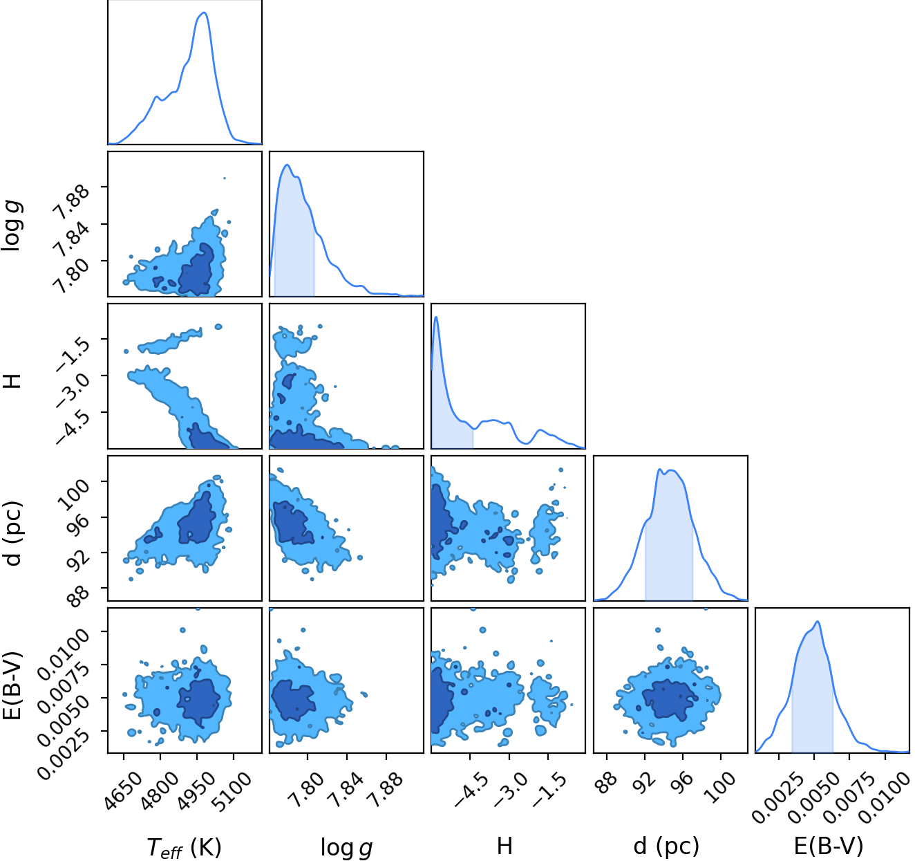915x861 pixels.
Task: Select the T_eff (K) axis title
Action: (x=185, y=846)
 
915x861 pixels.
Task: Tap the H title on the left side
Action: (x=13, y=381)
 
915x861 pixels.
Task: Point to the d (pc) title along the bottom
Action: (x=667, y=846)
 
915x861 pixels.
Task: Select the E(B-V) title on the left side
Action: (x=13, y=685)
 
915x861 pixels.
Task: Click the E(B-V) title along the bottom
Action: (x=829, y=846)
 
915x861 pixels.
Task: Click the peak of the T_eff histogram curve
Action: (x=204, y=12)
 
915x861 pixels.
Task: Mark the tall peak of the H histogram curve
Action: (x=436, y=317)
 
